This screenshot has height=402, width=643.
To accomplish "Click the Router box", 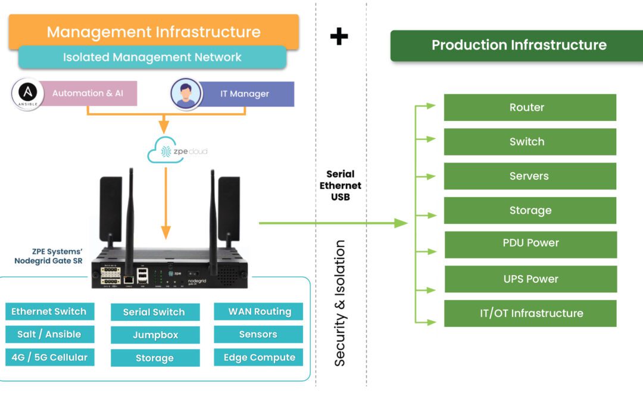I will pyautogui.click(x=530, y=107).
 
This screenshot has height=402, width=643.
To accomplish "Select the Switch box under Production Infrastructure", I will pyautogui.click(x=530, y=142).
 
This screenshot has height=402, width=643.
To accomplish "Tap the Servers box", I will pyautogui.click(x=530, y=176).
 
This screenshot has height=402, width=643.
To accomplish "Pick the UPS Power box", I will pyautogui.click(x=530, y=279).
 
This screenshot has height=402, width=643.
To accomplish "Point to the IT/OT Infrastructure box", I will pyautogui.click(x=530, y=313).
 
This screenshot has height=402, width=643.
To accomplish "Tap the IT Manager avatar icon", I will pyautogui.click(x=186, y=94).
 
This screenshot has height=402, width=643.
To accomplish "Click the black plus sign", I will pyautogui.click(x=339, y=36).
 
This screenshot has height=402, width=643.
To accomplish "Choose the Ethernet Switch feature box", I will pyautogui.click(x=49, y=311).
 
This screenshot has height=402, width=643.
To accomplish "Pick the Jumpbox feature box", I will pyautogui.click(x=155, y=335).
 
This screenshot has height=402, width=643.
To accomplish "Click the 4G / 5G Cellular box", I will pyautogui.click(x=49, y=357).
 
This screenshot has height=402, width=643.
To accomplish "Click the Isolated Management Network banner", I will pyautogui.click(x=152, y=57).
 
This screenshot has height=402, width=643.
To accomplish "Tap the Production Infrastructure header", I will pyautogui.click(x=516, y=45).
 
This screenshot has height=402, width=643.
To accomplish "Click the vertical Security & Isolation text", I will pyautogui.click(x=340, y=303).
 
